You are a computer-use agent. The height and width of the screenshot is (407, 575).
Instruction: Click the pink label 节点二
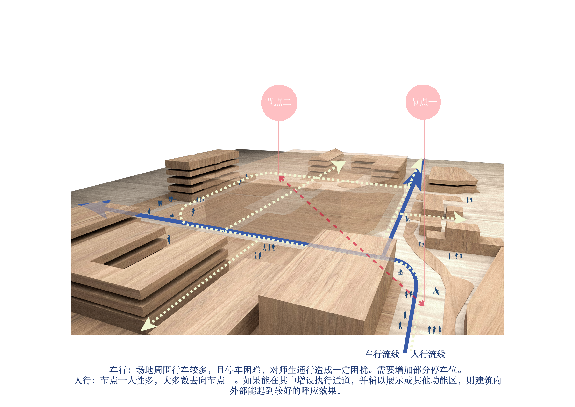click(x=278, y=102)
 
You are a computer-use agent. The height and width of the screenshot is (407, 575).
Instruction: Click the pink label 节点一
click(x=424, y=102)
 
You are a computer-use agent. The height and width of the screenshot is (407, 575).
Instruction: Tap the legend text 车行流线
click(x=382, y=354)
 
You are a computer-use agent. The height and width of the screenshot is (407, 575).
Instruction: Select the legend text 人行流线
click(x=428, y=354)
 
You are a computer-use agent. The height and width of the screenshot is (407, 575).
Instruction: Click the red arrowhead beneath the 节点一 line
click(x=422, y=303)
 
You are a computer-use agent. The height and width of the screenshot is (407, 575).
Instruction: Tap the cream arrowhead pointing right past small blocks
click(x=460, y=218)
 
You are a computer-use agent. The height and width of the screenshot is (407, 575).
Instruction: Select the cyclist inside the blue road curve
click(x=401, y=272)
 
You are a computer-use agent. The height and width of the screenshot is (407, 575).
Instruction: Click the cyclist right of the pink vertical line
click(x=436, y=291)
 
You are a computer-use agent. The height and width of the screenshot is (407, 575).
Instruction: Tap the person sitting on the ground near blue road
click(x=172, y=215)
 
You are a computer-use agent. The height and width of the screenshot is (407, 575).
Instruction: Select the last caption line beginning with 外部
click(x=285, y=391)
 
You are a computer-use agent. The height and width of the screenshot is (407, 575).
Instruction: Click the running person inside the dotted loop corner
click(x=193, y=211)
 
